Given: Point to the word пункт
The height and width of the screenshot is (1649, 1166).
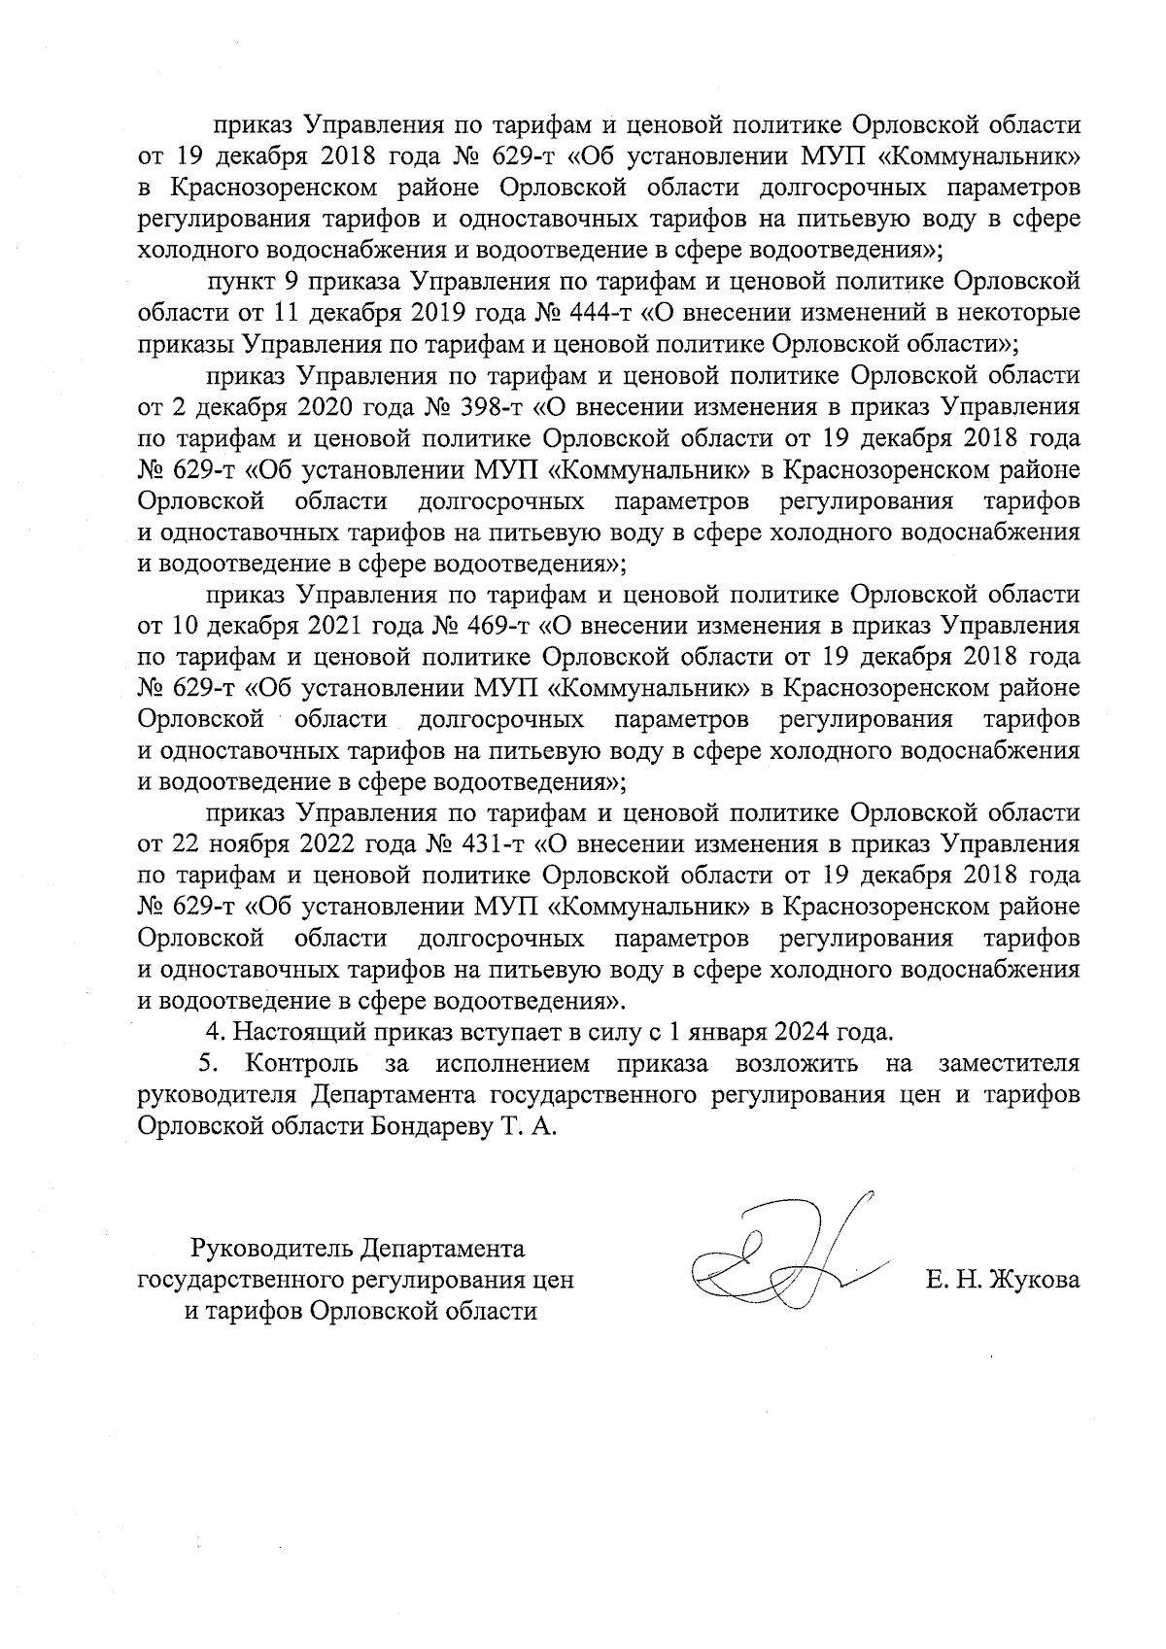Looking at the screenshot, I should [x=240, y=282].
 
